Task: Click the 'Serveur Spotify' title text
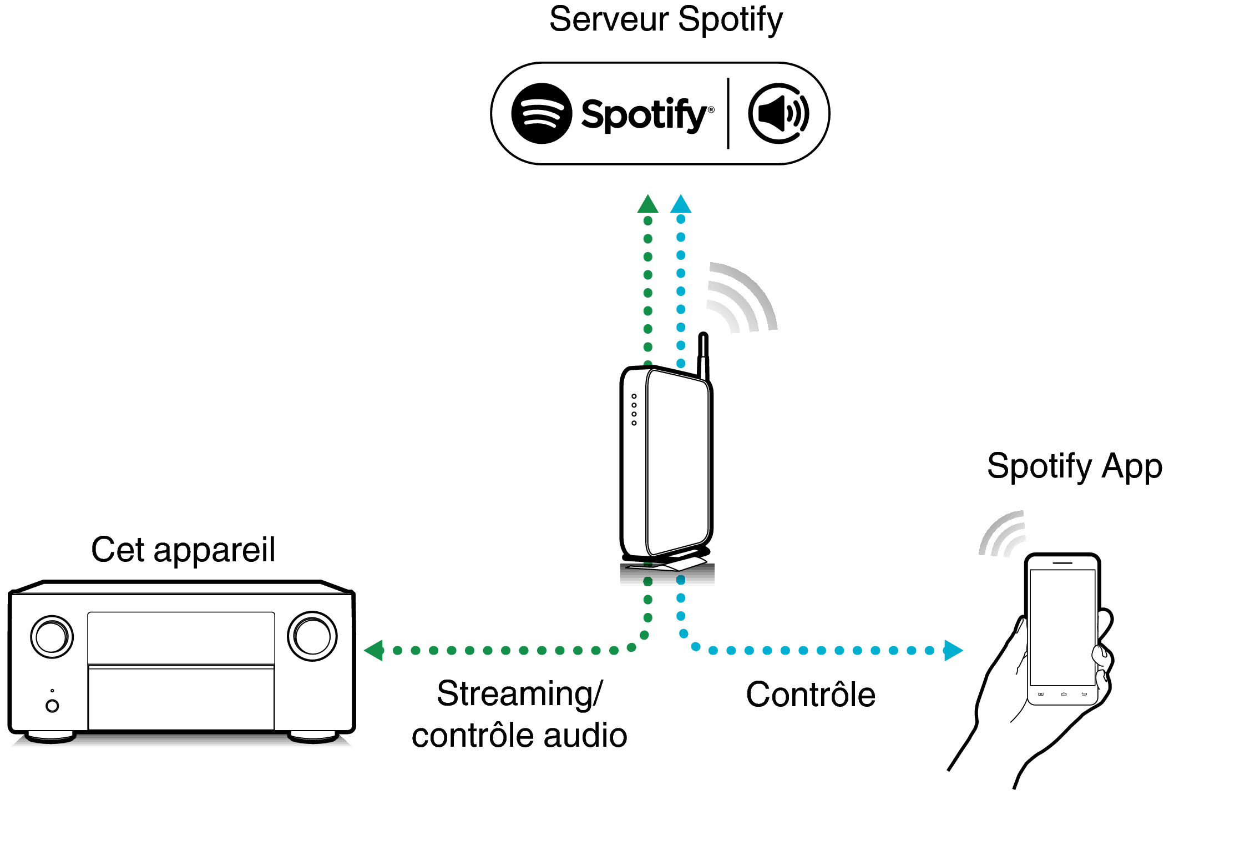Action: click(x=665, y=19)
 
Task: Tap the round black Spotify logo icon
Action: click(x=541, y=113)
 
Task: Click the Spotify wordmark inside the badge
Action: click(x=644, y=115)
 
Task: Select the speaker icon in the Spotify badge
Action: click(x=778, y=113)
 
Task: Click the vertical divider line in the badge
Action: click(x=728, y=113)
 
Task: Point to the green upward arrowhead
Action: click(x=647, y=205)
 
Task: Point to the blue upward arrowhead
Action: click(x=681, y=205)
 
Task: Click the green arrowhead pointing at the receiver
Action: click(x=375, y=650)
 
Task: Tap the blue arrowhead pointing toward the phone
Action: click(x=953, y=650)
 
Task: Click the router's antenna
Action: click(x=703, y=355)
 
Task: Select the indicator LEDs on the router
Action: click(x=634, y=410)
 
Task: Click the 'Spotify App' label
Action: click(x=1074, y=466)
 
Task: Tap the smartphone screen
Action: click(x=1062, y=627)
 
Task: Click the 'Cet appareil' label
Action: click(x=183, y=550)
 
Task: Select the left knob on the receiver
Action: click(x=52, y=636)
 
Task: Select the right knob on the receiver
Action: click(x=312, y=636)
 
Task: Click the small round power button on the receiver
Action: click(x=52, y=706)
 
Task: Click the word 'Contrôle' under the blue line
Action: click(x=811, y=695)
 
